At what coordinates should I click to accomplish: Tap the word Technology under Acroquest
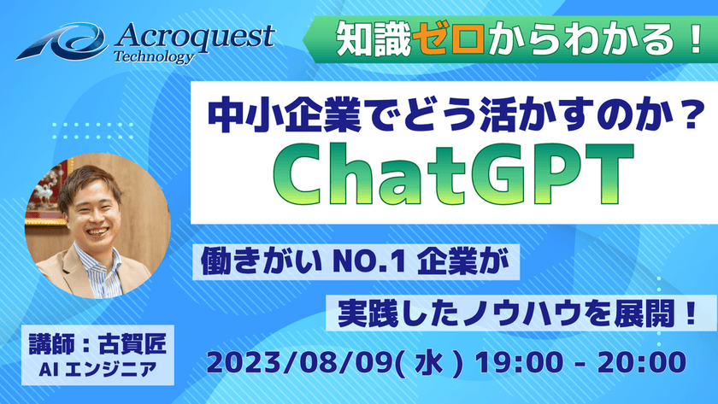(x=154, y=57)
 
